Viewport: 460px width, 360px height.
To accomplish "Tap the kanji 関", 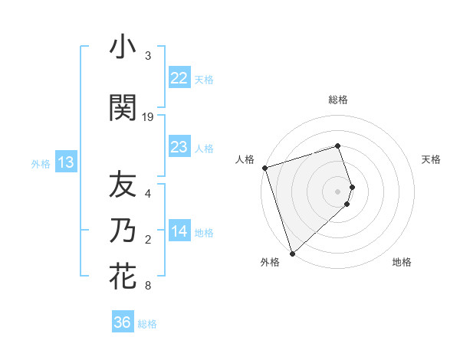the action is (x=123, y=108).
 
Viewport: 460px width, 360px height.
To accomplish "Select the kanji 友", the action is (x=123, y=184).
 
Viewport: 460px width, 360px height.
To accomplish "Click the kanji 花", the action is (x=123, y=277).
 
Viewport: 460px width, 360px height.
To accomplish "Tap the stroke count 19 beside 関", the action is (x=148, y=116).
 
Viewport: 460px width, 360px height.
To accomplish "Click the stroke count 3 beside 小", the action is (x=148, y=56).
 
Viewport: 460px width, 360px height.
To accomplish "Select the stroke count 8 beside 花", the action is (x=148, y=286).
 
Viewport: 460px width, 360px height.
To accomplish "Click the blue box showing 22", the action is (x=179, y=77).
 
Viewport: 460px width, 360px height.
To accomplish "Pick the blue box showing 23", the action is (x=179, y=147).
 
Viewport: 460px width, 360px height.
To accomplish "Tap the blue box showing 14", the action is (x=179, y=231).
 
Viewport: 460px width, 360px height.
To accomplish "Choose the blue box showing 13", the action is (x=65, y=162).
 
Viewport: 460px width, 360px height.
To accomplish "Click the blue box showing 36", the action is (x=122, y=322).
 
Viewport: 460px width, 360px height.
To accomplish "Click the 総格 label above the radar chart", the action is (x=338, y=100).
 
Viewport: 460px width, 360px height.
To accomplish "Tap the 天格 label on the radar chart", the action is (x=432, y=159).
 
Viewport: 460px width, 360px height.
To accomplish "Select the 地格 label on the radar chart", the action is (x=402, y=262).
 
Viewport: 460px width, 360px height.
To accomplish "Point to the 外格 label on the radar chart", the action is (x=270, y=262).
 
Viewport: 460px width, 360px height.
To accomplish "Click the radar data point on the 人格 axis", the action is (x=264, y=168).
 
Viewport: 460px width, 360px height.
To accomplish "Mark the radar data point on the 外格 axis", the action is (x=292, y=253).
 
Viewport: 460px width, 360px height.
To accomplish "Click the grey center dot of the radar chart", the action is (x=338, y=191).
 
